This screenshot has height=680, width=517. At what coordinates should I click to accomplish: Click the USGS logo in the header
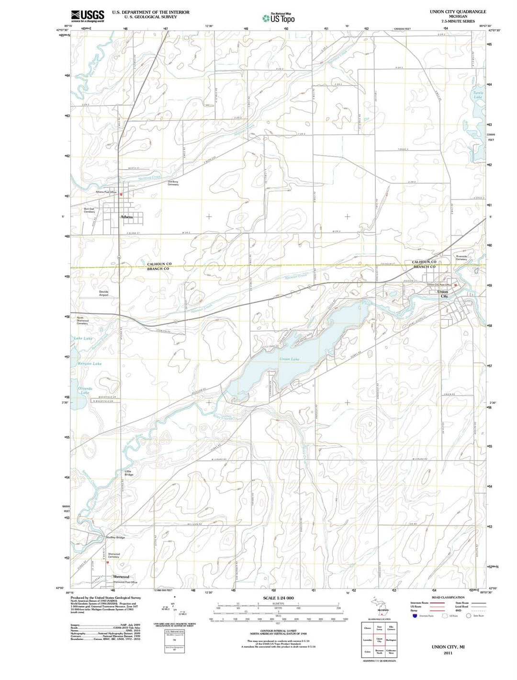[88, 15]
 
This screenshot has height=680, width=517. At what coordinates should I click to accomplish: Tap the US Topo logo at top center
[278, 18]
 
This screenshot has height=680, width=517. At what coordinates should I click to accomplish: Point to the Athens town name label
[126, 217]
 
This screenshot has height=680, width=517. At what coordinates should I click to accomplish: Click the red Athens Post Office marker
[121, 195]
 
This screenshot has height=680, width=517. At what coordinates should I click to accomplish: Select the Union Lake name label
[289, 359]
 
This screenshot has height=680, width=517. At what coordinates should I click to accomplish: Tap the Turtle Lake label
[478, 95]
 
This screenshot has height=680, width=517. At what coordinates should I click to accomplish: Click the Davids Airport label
[103, 293]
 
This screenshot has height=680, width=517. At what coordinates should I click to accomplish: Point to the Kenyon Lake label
[90, 364]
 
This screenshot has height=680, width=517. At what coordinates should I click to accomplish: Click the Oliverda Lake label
[85, 390]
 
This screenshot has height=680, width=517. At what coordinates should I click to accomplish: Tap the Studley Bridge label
[115, 538]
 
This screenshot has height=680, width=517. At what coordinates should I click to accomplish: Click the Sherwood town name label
[121, 576]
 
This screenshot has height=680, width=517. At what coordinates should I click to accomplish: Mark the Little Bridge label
[129, 473]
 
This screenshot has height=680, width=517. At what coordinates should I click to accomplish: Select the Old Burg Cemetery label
[173, 183]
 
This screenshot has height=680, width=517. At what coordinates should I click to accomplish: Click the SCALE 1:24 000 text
[278, 598]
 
